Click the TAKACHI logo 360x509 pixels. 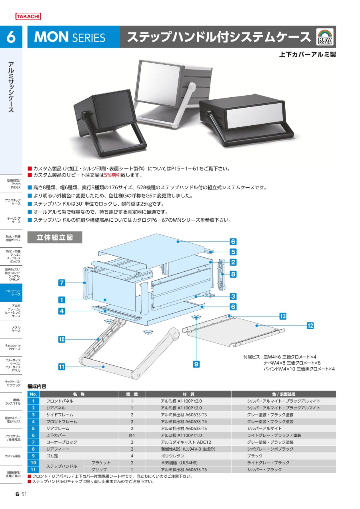[28, 16]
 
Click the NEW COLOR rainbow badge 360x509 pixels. [325, 37]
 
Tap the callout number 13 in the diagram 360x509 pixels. [283, 316]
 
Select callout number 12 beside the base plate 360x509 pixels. [310, 326]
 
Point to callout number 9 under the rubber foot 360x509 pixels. [196, 364]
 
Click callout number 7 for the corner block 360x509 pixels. [62, 283]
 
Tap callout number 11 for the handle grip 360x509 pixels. [62, 367]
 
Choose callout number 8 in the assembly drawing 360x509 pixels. [233, 274]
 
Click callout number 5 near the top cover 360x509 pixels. [233, 252]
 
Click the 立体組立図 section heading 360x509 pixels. [55, 237]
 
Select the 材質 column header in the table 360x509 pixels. [188, 394]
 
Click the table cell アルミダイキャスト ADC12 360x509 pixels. [186, 442]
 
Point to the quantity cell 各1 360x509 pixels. [132, 435]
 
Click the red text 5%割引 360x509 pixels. [112, 175]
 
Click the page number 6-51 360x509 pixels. [21, 494]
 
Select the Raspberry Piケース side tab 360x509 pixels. [13, 347]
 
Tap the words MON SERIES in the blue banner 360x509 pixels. [70, 37]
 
